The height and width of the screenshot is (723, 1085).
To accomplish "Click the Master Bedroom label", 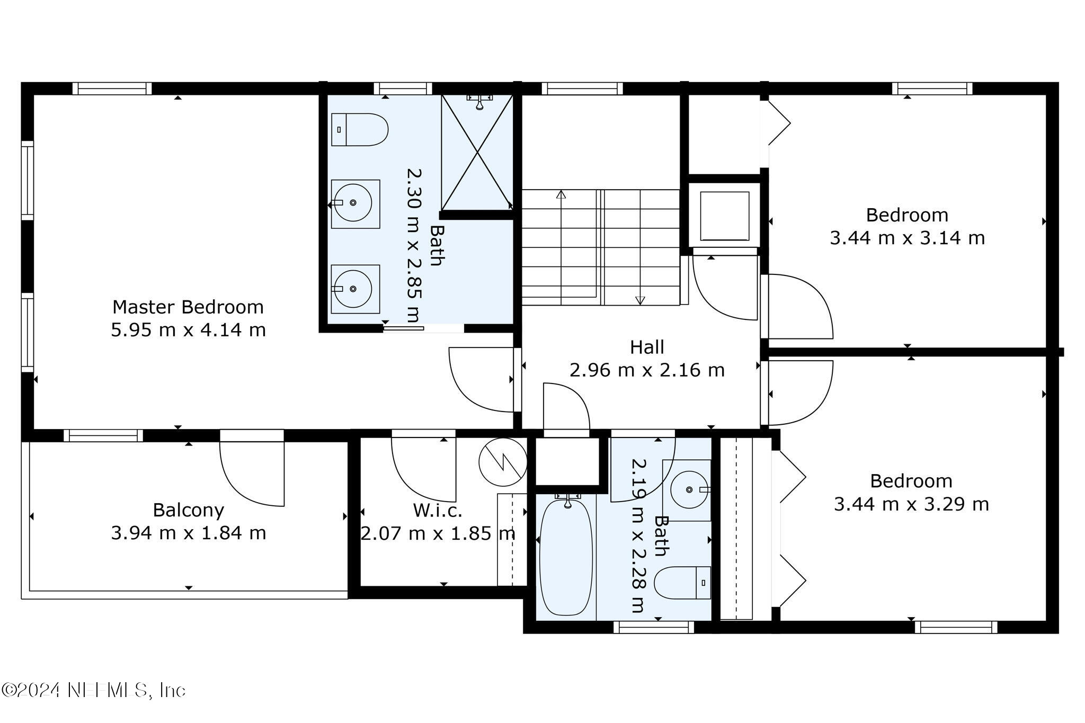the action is coord(188,307).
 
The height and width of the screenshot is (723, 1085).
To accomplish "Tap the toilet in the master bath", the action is coord(360,129).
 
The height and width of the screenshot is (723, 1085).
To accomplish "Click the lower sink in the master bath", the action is coord(355,289).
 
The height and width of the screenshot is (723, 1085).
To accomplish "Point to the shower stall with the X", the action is coord(477,153).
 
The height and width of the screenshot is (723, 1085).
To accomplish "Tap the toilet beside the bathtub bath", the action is coord(682,583).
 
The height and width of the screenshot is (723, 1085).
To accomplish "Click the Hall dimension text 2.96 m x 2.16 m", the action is coord(647,370).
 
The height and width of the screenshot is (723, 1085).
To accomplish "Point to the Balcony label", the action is coord(188,510).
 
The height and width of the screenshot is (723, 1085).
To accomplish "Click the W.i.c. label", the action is coord(438,511).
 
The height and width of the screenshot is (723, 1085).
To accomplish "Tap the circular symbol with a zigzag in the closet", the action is coord(503,462).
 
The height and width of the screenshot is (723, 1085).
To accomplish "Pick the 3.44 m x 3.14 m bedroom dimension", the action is coord(907,238).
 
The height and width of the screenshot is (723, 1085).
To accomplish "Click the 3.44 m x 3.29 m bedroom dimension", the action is coord(911,504).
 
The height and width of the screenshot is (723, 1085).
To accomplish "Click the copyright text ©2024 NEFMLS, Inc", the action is coord(94,690).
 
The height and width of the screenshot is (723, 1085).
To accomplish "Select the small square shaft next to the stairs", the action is coord(725,216).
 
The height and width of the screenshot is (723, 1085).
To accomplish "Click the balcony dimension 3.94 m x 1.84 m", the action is coord(188,533).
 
